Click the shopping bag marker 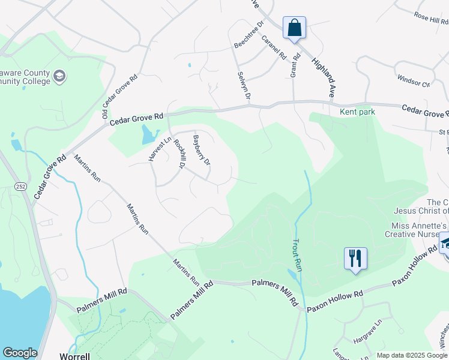click(x=294, y=28)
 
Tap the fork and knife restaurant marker click(x=355, y=259)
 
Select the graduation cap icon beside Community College click(x=59, y=76)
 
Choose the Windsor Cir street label click(x=414, y=80)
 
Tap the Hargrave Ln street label click(x=368, y=332)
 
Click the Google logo click(x=20, y=353)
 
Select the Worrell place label click(x=74, y=356)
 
